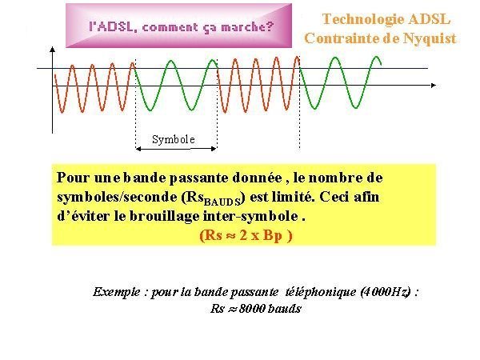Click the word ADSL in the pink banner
112,27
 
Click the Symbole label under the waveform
174,139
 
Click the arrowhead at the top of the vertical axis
53,50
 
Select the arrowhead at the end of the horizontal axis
433,86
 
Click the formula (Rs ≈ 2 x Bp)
246,235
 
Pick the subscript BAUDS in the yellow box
222,202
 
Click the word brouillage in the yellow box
165,217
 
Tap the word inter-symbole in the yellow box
250,216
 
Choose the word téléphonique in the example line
320,292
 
